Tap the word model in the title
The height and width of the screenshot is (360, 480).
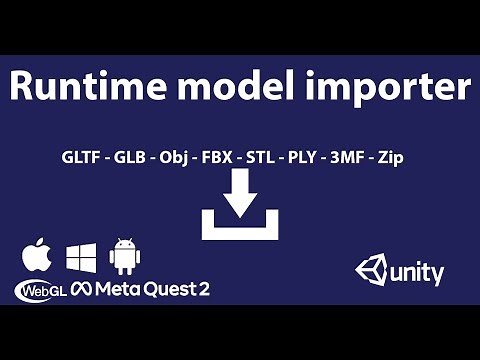click(230, 89)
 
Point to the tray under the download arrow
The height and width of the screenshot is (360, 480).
click(240, 230)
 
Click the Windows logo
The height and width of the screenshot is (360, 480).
click(81, 257)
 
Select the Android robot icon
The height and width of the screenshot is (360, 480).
click(125, 256)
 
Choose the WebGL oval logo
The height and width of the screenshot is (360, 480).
click(40, 291)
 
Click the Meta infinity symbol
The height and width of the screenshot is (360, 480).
click(81, 291)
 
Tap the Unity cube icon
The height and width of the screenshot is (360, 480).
click(372, 270)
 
